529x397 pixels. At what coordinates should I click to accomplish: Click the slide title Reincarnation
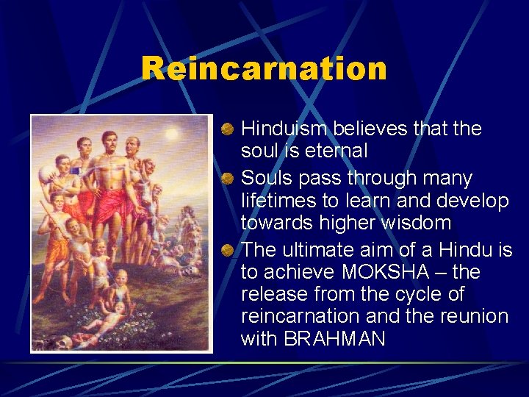(x=264, y=68)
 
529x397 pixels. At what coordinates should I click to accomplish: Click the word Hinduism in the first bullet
(x=284, y=129)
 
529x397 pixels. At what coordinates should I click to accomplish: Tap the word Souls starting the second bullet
(x=265, y=179)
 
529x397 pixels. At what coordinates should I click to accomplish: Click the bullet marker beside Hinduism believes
(x=228, y=130)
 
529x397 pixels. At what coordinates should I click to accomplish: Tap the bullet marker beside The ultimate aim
(x=228, y=250)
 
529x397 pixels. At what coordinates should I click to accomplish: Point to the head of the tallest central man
(x=110, y=140)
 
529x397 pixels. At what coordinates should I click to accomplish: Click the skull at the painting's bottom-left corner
(x=44, y=341)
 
